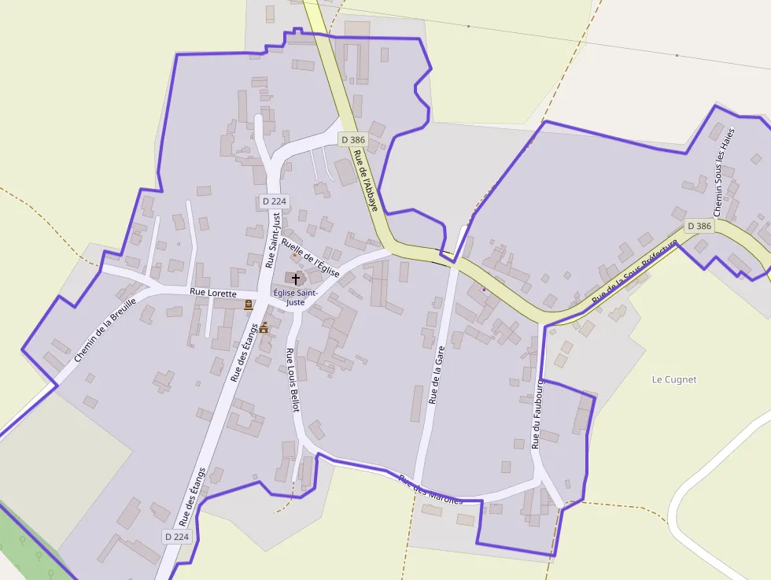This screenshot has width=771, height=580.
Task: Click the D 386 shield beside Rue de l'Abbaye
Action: coord(353,139)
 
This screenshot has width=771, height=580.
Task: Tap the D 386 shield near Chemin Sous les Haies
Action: coord(699,226)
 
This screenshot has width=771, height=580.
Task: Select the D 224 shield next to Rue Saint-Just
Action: coord(274,201)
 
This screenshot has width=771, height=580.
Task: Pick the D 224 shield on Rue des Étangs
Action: coord(178,537)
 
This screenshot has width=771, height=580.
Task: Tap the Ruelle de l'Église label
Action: coord(310,257)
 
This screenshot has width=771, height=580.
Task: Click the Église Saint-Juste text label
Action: coord(295,297)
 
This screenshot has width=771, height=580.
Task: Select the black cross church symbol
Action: coord(296,279)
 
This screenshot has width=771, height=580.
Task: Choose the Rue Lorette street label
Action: coord(212,293)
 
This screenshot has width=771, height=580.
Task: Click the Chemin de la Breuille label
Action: coord(105,330)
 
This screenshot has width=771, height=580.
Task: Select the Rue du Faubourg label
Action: coord(537,413)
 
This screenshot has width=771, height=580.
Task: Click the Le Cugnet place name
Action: coord(674,379)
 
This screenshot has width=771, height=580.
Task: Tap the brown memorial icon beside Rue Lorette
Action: coord(249,305)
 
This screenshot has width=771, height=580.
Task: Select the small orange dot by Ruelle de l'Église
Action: coord(294,255)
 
